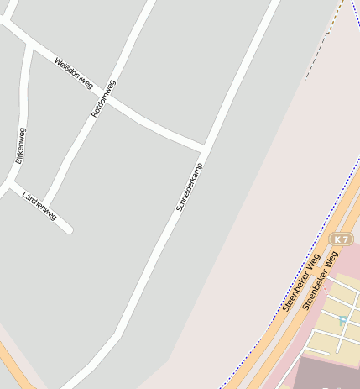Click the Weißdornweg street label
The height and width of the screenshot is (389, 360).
tap(73, 74)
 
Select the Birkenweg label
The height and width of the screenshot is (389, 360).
tap(20, 145)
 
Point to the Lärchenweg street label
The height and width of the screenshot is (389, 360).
tap(39, 203)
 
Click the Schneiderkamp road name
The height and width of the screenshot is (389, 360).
tap(190, 186)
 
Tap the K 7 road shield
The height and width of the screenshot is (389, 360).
tap(341, 239)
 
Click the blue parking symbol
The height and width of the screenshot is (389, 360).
tap(342, 320)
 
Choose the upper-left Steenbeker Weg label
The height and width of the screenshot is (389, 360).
tap(301, 282)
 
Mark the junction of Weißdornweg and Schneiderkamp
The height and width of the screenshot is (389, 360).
tap(204, 148)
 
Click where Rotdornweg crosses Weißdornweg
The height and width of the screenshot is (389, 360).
tap(106, 94)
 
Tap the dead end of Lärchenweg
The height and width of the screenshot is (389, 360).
tap(70, 229)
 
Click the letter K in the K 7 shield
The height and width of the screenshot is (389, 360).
tap(337, 239)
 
